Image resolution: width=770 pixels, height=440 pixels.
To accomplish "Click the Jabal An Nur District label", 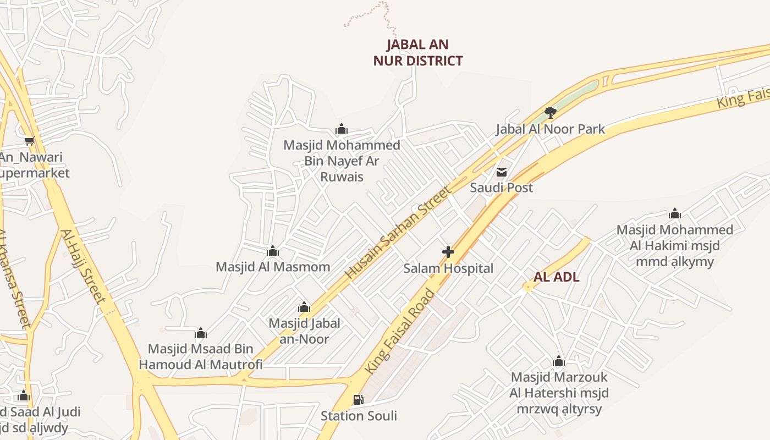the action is [x=418, y=53].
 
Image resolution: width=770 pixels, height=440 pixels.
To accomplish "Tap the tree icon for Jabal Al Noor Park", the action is [x=550, y=113].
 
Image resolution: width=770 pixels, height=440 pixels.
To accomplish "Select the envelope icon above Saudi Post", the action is [x=502, y=172].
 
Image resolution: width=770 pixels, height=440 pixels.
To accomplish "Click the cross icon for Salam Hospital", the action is [x=448, y=252].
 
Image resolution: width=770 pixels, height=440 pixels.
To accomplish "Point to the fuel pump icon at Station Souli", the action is [x=358, y=400].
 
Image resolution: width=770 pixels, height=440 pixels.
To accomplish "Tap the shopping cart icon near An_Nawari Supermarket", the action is [x=30, y=141].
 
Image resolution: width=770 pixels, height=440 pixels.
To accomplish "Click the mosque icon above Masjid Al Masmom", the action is [x=273, y=251].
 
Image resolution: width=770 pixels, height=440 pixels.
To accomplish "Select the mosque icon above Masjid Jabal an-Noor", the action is [x=304, y=307].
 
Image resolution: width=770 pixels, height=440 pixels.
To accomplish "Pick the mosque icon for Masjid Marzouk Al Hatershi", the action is [x=559, y=361].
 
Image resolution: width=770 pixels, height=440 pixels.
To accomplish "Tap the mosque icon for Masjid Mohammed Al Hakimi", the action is [x=675, y=214].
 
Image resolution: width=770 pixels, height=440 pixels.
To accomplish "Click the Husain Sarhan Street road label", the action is [x=398, y=233].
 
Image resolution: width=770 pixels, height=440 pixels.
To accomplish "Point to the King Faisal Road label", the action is [x=400, y=332].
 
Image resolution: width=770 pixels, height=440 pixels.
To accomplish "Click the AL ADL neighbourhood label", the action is [x=557, y=277].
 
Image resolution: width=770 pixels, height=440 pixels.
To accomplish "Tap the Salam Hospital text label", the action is [x=448, y=268].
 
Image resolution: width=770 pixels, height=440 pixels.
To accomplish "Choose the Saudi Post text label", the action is [x=501, y=188].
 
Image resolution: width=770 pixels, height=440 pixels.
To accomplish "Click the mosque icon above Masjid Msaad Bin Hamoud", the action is [x=201, y=333].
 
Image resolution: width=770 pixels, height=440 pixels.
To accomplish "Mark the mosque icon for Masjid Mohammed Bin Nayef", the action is [x=342, y=129].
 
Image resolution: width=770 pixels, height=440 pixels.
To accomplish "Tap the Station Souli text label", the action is [x=359, y=416].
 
